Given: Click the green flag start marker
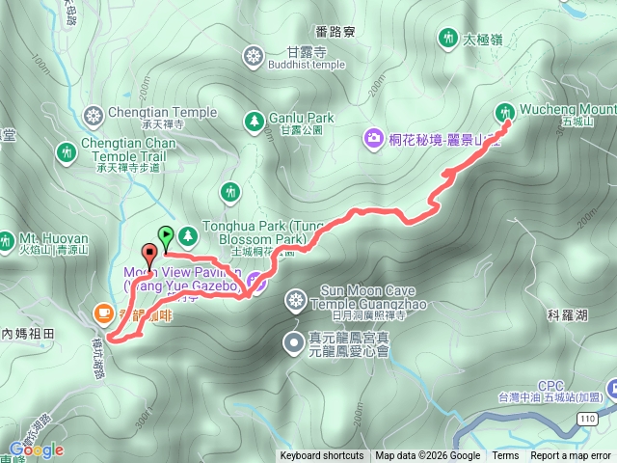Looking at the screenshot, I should tap(166, 233).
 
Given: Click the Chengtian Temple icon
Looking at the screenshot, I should tap(94, 118).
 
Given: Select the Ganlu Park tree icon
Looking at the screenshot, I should tap(254, 122).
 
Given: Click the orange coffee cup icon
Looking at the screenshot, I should tap(103, 313).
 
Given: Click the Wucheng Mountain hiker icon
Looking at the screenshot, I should tap(507, 114).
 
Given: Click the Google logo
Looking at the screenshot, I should tap(37, 449).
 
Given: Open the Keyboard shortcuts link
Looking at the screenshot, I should tap(322, 456).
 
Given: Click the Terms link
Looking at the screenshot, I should tap(505, 456).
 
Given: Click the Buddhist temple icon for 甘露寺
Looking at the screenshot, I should tap(254, 56).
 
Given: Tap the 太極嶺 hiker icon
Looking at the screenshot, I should tap(446, 38).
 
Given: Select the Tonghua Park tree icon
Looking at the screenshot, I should tap(186, 234).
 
